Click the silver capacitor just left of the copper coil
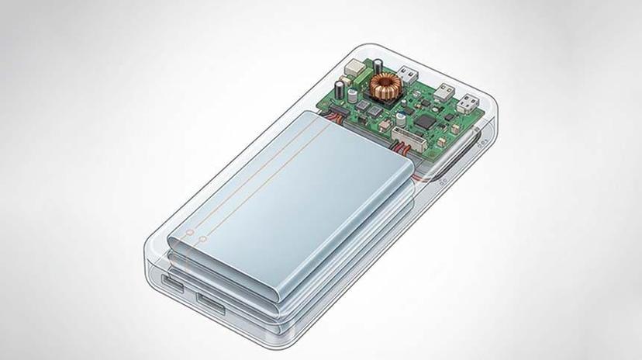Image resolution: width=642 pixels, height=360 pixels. (x=354, y=98)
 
